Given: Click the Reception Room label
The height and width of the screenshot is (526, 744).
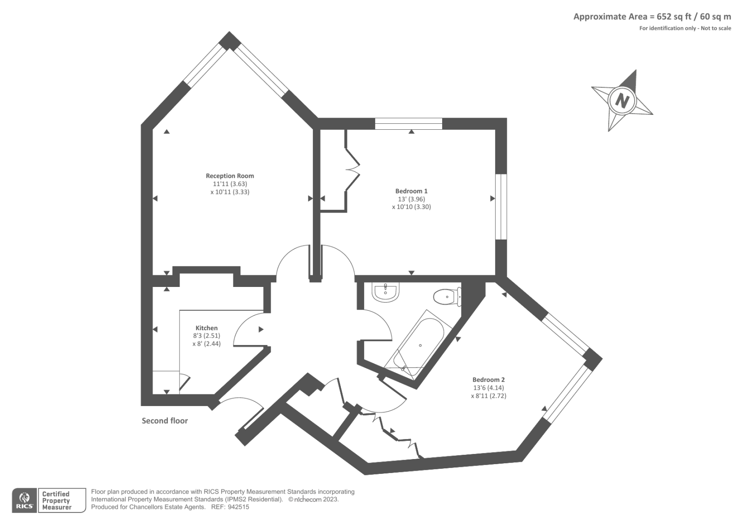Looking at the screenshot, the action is point(230,176).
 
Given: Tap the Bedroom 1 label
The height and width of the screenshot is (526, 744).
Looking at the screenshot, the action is point(411,191).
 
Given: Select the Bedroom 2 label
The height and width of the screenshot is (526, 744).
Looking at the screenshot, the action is point(489,380).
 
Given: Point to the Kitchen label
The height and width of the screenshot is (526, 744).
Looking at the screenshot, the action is point(206,328).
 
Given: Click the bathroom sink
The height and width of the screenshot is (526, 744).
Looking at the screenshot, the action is point(385,293).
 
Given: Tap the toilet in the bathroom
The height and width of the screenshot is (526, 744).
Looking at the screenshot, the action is point(447,297).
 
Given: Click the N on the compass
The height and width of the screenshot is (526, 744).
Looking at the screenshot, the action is point(622,100).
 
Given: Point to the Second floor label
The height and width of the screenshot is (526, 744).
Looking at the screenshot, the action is point(165,421).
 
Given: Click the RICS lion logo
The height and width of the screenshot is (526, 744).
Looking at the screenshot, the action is point(25,500).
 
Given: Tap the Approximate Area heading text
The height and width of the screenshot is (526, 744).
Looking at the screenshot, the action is point(652,17).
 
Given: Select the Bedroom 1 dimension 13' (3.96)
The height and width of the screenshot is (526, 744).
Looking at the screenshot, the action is point(412,199).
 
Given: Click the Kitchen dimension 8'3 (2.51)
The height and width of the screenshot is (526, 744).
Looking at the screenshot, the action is point(206,336).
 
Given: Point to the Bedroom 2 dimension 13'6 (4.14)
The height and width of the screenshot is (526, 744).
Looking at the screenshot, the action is point(489,388).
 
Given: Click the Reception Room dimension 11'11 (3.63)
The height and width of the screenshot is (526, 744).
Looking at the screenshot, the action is point(230,184).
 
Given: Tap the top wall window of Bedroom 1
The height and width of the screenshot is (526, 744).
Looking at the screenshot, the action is point(409,124).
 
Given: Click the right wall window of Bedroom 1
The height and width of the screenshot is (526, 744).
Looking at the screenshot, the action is point(501,206).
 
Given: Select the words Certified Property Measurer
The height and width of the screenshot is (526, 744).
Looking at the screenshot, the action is point(57,500).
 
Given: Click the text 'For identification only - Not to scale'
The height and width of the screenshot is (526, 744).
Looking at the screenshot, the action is point(685,28).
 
